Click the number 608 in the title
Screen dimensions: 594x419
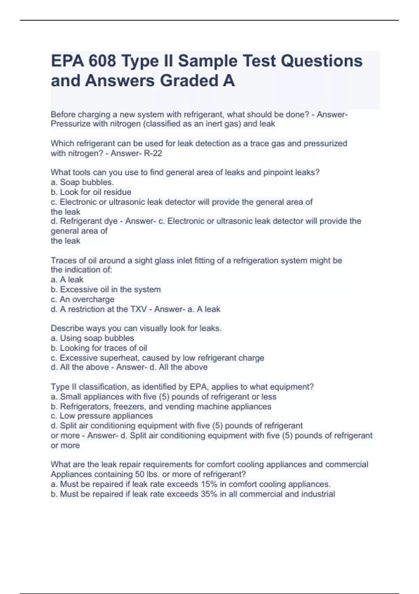102,61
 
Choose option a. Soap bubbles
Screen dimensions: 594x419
82,182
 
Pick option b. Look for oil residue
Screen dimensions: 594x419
91,192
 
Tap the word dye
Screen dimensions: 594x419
110,221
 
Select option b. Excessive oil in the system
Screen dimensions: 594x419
106,290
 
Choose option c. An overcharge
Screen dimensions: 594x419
83,299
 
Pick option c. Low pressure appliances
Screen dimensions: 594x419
102,416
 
